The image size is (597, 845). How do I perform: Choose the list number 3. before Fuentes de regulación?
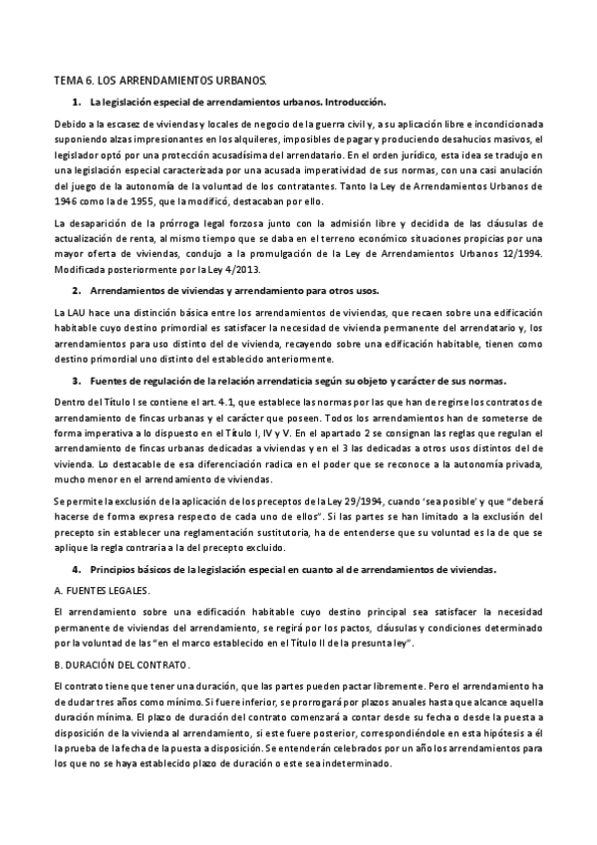point(76,380)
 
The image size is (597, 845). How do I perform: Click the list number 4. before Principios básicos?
point(76,568)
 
